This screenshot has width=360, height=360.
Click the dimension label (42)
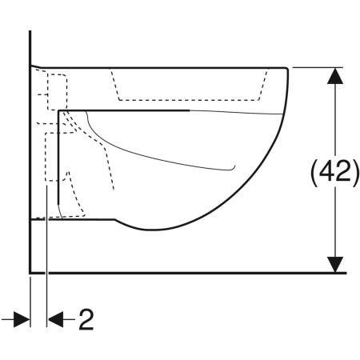335,174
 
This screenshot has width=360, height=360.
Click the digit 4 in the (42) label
326,172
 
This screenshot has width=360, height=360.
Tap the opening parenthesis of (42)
314,174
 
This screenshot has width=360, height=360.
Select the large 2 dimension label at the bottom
86,319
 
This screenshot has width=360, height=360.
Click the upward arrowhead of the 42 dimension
335,76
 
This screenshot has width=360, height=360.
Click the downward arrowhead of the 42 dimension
335,265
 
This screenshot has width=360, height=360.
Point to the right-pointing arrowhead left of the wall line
22,319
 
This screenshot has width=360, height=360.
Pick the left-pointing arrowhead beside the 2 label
55,319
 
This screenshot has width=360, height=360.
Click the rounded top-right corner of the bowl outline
287,69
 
